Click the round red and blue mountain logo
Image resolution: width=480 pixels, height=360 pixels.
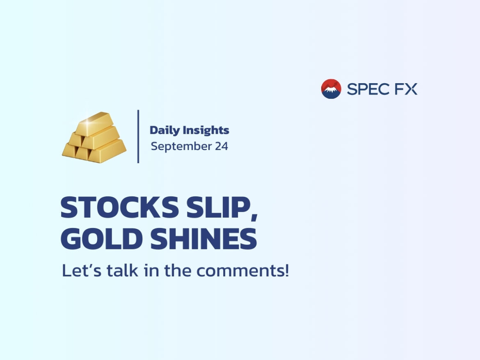pyautogui.click(x=331, y=89)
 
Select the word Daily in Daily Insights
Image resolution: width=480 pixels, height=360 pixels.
pyautogui.click(x=165, y=131)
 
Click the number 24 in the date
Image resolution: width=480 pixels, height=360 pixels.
pyautogui.click(x=221, y=146)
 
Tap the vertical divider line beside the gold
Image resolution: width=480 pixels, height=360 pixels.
pyautogui.click(x=138, y=137)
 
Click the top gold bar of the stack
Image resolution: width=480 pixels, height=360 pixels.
pyautogui.click(x=94, y=123)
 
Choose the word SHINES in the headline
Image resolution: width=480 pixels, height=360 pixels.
pyautogui.click(x=203, y=239)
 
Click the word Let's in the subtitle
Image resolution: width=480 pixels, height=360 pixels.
pyautogui.click(x=81, y=270)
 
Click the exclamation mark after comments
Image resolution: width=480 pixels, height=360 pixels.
pyautogui.click(x=287, y=270)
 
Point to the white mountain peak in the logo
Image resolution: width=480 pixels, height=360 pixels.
pyautogui.click(x=330, y=89)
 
